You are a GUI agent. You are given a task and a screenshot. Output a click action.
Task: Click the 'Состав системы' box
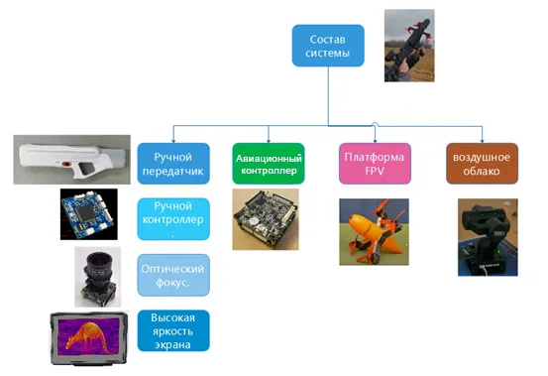328,46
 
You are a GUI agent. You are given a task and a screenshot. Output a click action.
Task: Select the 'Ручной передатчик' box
173,164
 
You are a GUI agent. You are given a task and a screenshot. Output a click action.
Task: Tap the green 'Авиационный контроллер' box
269,164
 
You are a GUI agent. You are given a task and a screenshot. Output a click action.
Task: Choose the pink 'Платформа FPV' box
375,164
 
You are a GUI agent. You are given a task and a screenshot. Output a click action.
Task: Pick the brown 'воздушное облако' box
482,164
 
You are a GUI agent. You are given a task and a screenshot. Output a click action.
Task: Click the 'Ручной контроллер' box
173,219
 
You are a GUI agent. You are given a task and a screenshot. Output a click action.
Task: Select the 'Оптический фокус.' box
173,275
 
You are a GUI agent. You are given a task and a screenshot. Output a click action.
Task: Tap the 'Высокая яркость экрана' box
173,330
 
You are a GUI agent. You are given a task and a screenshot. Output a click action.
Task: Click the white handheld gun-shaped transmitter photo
72,160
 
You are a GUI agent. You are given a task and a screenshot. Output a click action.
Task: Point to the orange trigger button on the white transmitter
65,164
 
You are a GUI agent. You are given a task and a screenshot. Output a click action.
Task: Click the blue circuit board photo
89,214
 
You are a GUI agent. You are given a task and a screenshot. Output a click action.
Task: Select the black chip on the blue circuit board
85,212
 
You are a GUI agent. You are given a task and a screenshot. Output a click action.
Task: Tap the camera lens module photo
98,277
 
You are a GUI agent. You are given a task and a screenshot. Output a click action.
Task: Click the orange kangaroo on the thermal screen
87,337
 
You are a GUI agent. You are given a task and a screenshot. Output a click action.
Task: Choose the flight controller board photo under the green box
266,219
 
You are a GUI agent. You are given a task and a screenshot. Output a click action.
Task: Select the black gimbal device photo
488,237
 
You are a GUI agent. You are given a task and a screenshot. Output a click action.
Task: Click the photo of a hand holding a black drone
409,46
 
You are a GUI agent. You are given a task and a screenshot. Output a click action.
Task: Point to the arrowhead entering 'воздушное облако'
482,141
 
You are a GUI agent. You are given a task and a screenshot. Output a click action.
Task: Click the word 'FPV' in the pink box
375,171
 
